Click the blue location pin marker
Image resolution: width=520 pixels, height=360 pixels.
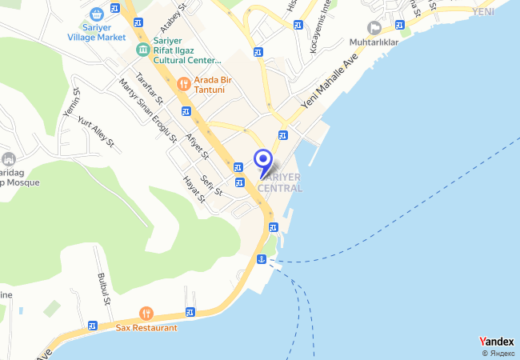coord(262,160)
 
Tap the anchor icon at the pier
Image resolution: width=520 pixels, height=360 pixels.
coord(261,259)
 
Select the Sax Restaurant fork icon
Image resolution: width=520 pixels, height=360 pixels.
coord(146,314)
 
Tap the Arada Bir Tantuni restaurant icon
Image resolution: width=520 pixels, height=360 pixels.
coord(183,82)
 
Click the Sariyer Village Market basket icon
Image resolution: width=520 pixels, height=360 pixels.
coord(97,14)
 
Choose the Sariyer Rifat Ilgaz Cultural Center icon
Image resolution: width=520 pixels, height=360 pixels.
coord(142,50)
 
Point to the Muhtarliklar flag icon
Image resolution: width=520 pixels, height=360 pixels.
coord(374,28)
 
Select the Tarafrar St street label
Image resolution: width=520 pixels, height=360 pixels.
coord(150,90)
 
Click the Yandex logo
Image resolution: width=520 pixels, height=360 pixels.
coord(497,342)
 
